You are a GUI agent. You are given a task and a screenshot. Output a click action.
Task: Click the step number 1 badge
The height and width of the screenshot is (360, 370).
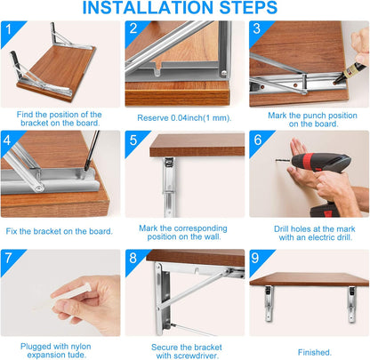tap(10, 31)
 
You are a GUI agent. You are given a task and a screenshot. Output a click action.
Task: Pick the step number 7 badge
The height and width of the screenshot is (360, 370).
tap(10, 260)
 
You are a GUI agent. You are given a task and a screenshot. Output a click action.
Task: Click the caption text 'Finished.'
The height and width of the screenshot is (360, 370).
tap(309, 351)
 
